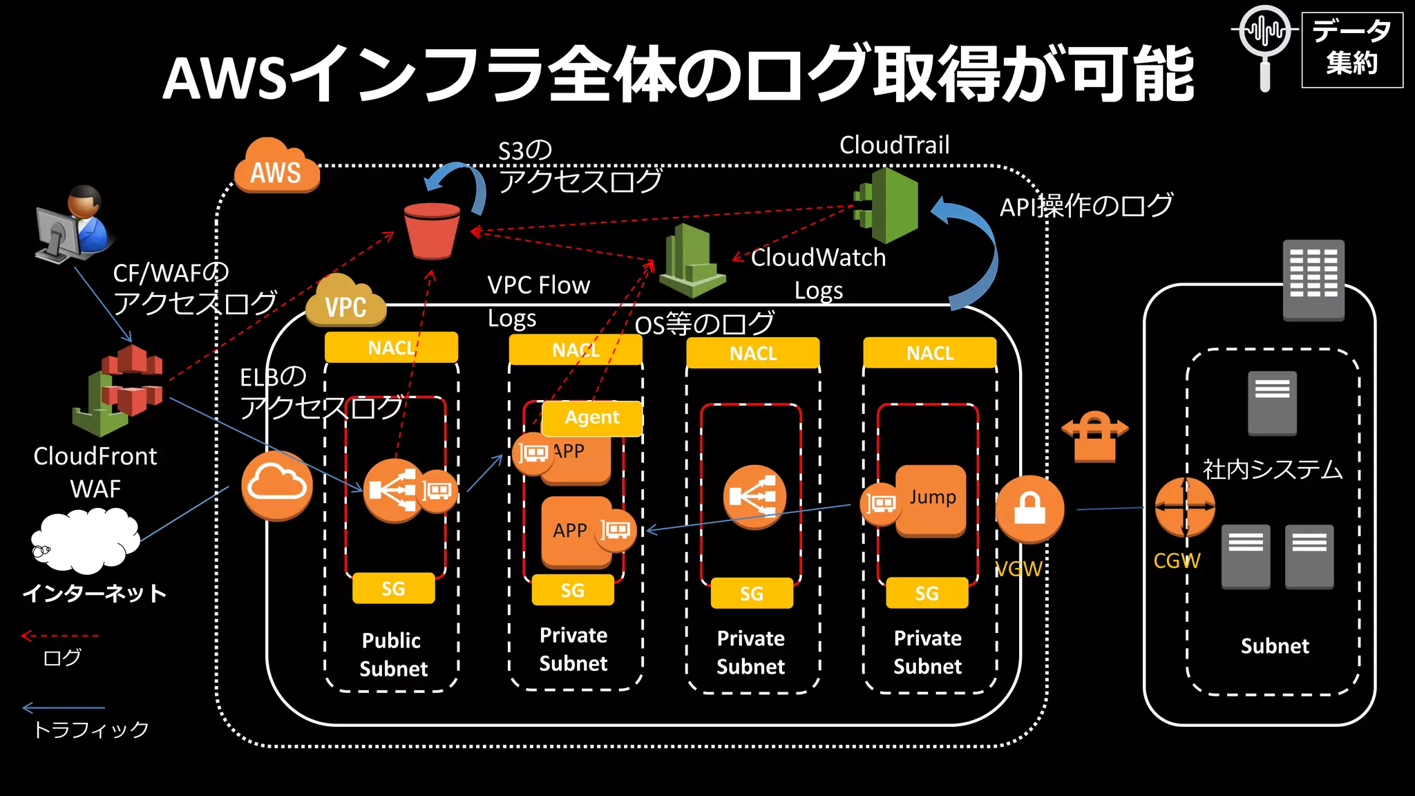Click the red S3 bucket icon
tap(433, 231)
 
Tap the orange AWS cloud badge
tap(276, 168)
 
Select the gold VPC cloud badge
tap(345, 302)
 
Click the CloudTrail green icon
tap(887, 205)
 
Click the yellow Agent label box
tap(592, 417)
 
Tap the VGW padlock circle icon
tap(1029, 509)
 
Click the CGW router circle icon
tap(1185, 507)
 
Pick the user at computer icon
tap(73, 225)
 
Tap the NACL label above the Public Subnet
tap(391, 348)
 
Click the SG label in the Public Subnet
tap(393, 589)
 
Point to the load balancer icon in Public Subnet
tap(394, 490)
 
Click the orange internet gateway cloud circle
tap(276, 486)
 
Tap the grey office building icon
tap(1313, 279)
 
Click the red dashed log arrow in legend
tap(60, 636)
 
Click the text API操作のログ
tap(1085, 206)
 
